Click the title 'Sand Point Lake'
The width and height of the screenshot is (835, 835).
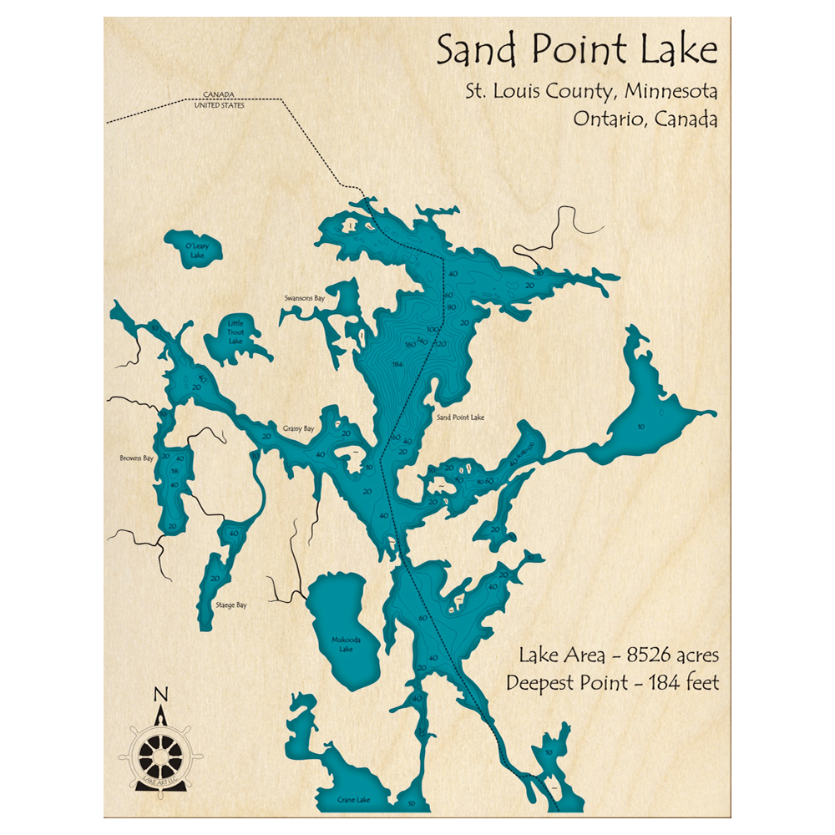pos(576,52)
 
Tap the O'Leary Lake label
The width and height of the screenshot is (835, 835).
pos(196,250)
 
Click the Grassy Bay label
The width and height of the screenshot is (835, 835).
pos(298,428)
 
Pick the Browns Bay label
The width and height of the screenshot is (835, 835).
pos(138,458)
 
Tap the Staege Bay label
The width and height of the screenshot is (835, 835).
pos(230,605)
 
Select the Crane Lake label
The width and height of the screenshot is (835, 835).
pos(352,798)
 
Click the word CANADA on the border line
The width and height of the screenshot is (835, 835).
pos(219,94)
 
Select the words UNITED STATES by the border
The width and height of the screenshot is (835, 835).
pos(218,105)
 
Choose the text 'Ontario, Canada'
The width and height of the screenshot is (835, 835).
pos(645,119)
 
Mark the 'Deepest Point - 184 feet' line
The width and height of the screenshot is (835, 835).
pos(612,682)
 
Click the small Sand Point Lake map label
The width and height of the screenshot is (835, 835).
pos(460,417)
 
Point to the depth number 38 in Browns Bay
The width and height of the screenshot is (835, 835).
pos(175,472)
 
